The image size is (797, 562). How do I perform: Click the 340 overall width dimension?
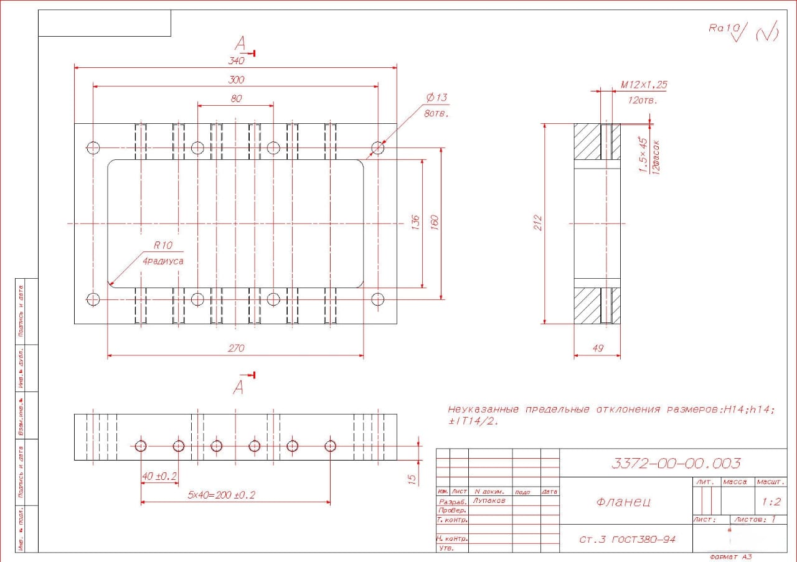[236, 61]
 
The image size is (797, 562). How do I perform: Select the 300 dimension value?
[236, 80]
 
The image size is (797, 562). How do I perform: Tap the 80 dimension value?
[236, 98]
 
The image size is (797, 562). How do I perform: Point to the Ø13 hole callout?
[436, 98]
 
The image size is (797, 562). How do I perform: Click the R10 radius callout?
[163, 245]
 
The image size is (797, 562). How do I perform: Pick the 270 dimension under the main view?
[236, 349]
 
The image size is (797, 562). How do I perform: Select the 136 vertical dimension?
[416, 223]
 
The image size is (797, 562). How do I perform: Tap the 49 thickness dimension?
[597, 349]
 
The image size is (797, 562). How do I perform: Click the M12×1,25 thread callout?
[644, 85]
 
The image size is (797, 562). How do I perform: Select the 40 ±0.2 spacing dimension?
[159, 476]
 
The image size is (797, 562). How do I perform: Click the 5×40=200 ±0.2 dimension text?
[222, 495]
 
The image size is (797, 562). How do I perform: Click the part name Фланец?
[623, 502]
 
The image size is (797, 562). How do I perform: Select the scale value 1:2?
[770, 501]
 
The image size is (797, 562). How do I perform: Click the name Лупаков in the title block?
[489, 500]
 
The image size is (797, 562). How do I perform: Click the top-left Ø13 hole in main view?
[93, 148]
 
